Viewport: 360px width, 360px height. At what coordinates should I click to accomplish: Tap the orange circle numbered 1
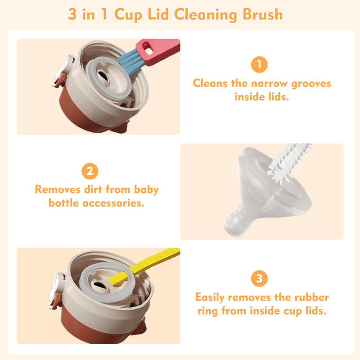(259, 65)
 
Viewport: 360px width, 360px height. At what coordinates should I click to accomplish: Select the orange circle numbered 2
(90, 171)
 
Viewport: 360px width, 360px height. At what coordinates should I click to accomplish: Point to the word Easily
(210, 297)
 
